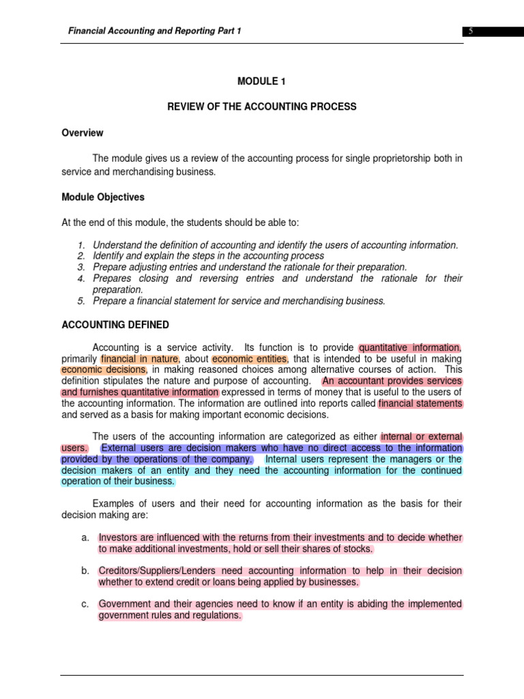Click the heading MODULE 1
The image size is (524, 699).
click(261, 81)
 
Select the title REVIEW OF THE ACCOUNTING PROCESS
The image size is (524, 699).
click(262, 107)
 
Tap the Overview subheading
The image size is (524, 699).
click(83, 133)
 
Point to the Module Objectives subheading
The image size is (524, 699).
click(103, 197)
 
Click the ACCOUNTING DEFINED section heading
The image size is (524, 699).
click(115, 325)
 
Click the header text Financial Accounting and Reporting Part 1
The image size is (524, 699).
click(154, 31)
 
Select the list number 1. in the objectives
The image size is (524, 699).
click(82, 245)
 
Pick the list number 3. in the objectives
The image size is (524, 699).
click(82, 267)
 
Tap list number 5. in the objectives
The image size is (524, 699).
click(82, 301)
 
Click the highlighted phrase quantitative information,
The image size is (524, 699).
click(410, 347)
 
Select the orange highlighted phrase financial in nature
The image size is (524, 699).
click(140, 358)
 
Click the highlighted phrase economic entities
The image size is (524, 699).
click(250, 358)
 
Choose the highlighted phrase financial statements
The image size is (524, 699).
click(420, 403)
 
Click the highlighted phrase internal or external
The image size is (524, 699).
click(421, 437)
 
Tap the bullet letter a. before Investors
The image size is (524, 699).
click(85, 538)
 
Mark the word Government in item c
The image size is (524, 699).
click(126, 604)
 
